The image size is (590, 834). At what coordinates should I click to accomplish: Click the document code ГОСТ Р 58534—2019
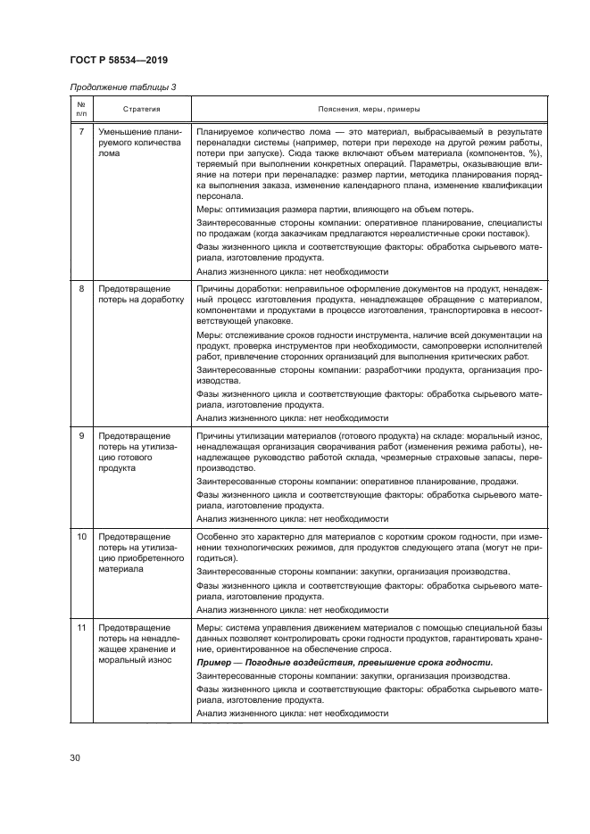118,61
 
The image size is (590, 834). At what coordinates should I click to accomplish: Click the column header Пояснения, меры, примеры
369,109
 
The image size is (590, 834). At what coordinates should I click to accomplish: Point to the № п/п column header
81,109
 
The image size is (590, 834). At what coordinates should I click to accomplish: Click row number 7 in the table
82,132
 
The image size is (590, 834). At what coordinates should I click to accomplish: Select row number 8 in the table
82,289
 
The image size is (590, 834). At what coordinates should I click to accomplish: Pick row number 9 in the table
82,434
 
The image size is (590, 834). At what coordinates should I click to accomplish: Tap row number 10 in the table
82,537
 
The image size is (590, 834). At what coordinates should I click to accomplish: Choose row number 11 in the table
82,628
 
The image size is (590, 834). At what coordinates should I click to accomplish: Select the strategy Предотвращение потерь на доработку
140,294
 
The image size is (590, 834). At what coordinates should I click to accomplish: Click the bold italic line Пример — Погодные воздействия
345,663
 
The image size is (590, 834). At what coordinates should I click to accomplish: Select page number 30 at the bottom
76,758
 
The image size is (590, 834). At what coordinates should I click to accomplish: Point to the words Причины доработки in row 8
231,289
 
